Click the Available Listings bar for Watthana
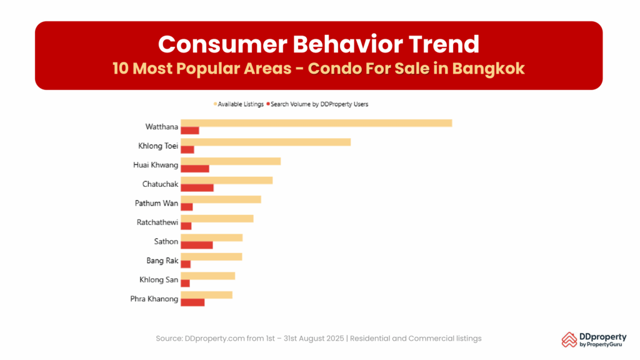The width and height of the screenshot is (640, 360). click(316, 123)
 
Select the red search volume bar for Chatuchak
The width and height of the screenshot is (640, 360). click(197, 188)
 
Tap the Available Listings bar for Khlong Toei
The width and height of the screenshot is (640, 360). click(266, 142)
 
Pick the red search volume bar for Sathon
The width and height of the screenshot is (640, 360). click(197, 245)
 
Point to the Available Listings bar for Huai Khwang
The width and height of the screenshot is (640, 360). click(231, 161)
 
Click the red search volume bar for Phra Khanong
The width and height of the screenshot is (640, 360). click(192, 302)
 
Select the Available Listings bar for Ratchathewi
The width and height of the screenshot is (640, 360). click(217, 218)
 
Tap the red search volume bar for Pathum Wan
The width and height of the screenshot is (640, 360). click(187, 207)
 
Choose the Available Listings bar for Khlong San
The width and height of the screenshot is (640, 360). click(207, 276)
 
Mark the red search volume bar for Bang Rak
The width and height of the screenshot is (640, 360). click(186, 264)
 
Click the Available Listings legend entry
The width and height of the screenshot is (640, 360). click(241, 104)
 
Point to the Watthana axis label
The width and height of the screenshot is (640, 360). click(162, 127)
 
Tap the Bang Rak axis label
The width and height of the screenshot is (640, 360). click(162, 261)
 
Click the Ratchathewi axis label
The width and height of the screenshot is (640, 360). click(157, 222)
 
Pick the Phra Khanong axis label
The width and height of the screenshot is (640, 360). click(154, 299)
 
